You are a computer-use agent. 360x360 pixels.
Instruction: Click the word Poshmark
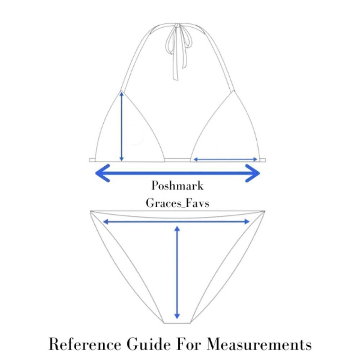pyautogui.click(x=177, y=186)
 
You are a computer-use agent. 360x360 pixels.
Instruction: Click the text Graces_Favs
pyautogui.click(x=177, y=203)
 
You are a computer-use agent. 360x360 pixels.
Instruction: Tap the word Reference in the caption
pyautogui.click(x=85, y=344)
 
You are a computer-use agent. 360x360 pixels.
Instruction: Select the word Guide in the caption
pyautogui.click(x=149, y=344)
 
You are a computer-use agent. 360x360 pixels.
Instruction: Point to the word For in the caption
pyautogui.click(x=189, y=344)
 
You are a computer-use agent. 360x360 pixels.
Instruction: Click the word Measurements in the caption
pyautogui.click(x=259, y=344)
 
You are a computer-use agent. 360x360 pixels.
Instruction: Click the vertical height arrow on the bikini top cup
pyautogui.click(x=122, y=126)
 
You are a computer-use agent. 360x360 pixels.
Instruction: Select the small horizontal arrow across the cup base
pyautogui.click(x=225, y=159)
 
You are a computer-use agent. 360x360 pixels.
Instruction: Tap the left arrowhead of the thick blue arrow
pyautogui.click(x=102, y=173)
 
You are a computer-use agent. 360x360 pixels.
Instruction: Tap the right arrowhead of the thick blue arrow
pyautogui.click(x=253, y=173)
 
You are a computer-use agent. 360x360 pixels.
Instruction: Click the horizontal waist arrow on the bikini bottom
pyautogui.click(x=176, y=221)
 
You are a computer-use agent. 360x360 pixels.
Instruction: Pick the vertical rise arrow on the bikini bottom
pyautogui.click(x=177, y=273)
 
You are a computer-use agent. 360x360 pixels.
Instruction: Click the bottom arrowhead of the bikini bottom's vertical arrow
pyautogui.click(x=177, y=316)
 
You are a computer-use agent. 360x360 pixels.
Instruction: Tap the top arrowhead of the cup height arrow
pyautogui.click(x=122, y=94)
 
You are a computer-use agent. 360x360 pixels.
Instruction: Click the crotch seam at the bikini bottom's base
pyautogui.click(x=177, y=323)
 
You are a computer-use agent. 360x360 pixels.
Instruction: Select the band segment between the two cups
pyautogui.click(x=177, y=160)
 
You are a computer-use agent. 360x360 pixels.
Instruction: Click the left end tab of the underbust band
pyautogui.click(x=92, y=160)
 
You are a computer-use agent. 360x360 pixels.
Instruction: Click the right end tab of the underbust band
pyautogui.click(x=263, y=160)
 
